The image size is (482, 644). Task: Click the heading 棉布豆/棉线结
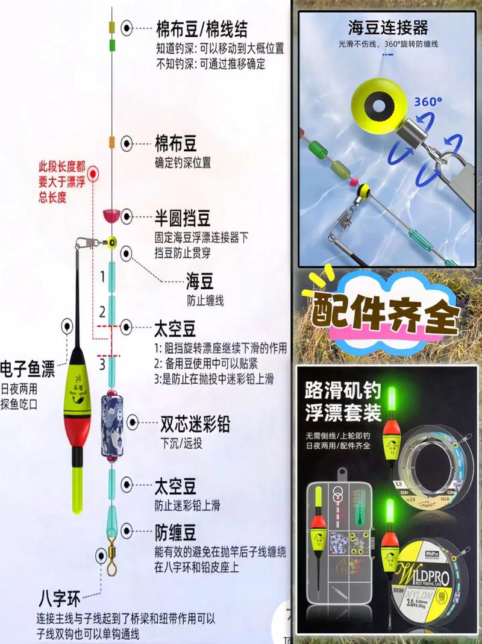coord(201,28)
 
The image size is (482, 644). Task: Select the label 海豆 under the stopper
coord(200,281)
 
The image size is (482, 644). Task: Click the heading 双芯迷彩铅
coord(195,424)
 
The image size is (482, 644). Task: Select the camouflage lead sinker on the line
coord(111,421)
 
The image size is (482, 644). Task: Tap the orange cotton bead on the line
coord(111,142)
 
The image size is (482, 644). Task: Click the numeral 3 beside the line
coord(102,363)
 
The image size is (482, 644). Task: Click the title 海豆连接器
coord(387,27)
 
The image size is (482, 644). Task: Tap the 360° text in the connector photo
coord(428,102)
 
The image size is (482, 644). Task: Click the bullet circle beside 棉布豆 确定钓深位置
coord(127,143)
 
